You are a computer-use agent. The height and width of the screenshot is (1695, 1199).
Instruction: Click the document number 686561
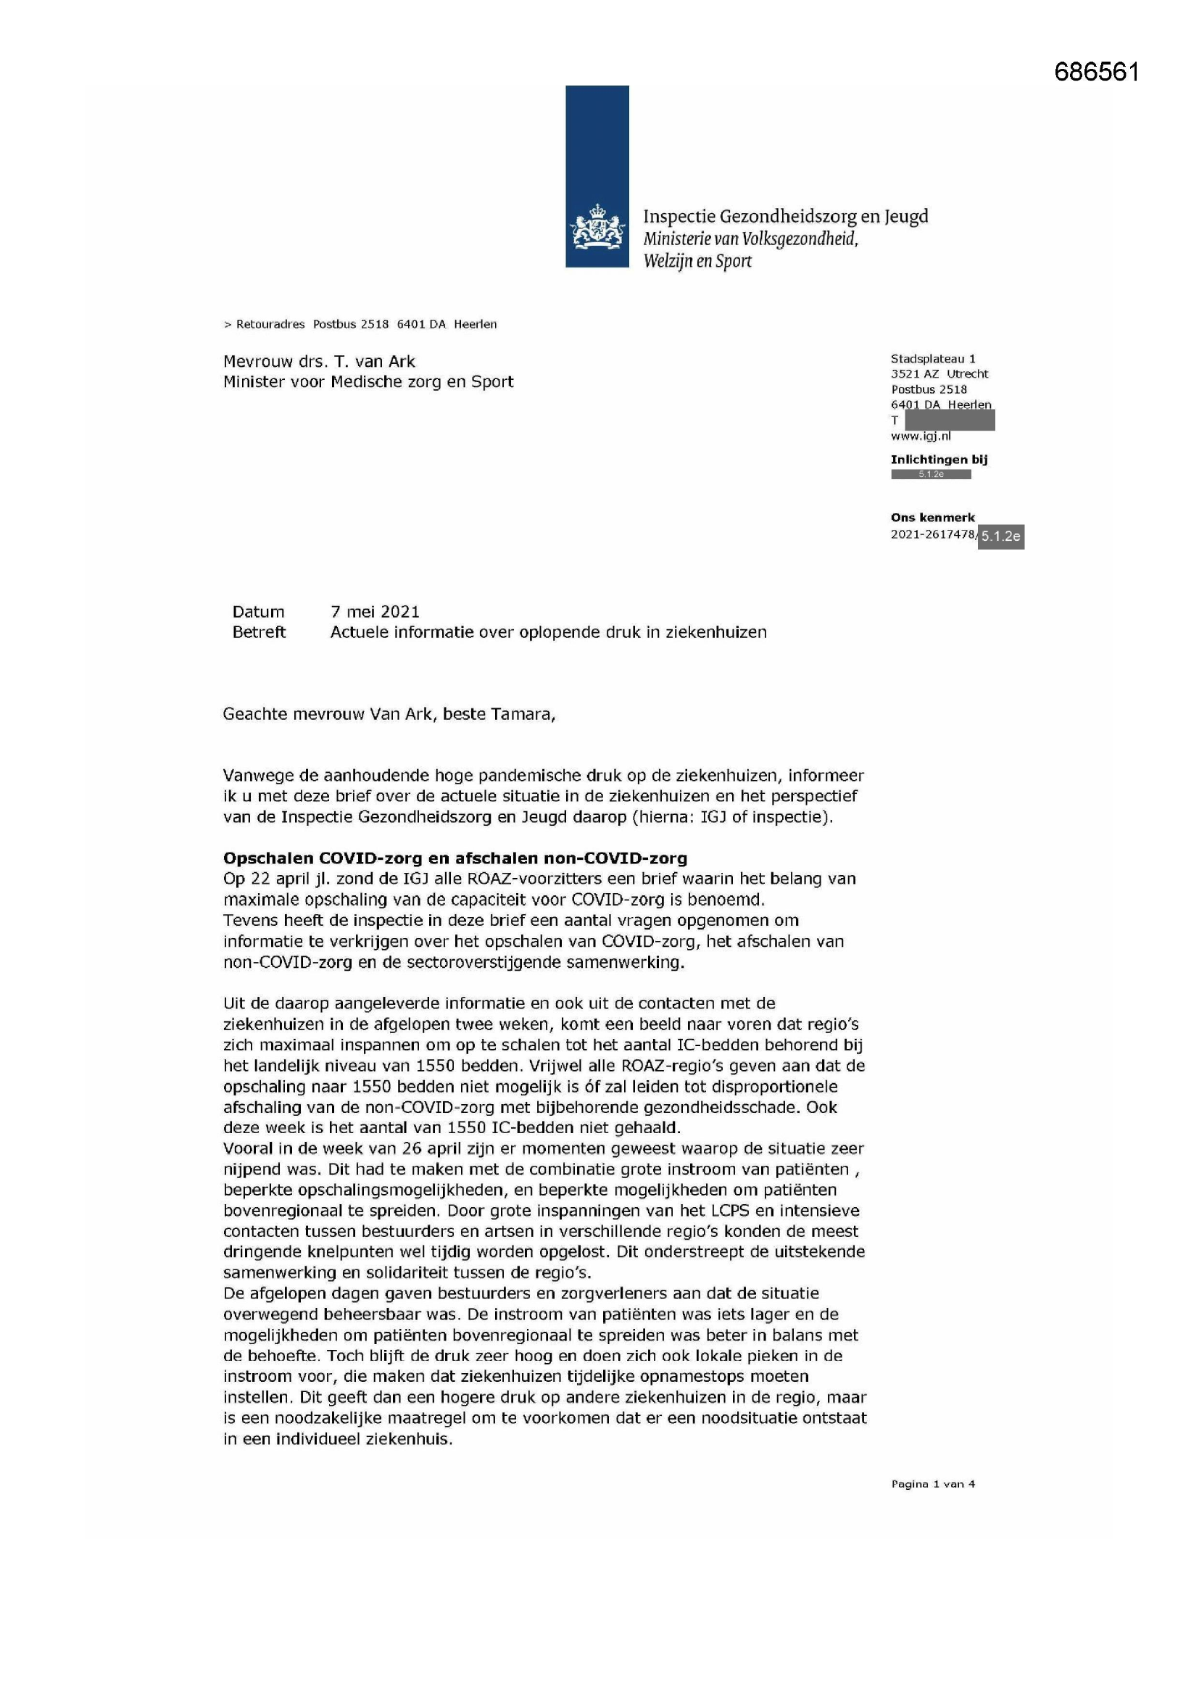[1095, 72]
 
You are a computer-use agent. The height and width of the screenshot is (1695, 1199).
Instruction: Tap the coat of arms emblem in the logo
[597, 230]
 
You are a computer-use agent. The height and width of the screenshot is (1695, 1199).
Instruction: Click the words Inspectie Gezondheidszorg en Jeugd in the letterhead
[785, 216]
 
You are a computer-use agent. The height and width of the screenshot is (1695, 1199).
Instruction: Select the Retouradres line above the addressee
[360, 324]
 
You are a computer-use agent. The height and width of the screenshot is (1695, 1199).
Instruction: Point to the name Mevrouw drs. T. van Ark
[319, 362]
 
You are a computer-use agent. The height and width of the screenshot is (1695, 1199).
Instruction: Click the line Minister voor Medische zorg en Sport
[368, 381]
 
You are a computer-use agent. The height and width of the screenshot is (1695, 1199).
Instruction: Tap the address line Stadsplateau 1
[932, 359]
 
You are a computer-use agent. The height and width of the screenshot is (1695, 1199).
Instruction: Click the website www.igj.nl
[920, 436]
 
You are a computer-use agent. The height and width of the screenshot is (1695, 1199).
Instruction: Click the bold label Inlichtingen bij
[938, 459]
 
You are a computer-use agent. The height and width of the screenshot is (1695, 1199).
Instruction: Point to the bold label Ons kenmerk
[932, 518]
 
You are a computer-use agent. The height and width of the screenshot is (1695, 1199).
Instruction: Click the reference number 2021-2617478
[932, 534]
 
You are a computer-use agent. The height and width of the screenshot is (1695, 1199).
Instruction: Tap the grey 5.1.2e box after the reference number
[1000, 536]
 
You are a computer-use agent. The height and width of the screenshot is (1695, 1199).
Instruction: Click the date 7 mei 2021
[375, 611]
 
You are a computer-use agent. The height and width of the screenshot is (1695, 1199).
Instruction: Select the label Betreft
[258, 632]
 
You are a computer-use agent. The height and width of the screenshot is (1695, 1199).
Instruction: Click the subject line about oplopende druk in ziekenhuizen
[548, 632]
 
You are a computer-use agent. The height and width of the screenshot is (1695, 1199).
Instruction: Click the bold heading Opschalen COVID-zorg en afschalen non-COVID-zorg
[455, 858]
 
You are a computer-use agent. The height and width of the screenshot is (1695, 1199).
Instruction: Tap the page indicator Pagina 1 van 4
[932, 1484]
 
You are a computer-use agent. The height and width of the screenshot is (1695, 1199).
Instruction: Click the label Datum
[257, 611]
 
